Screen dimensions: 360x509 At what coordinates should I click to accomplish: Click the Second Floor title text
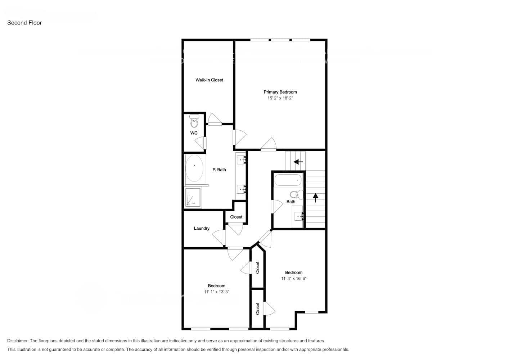click(x=24, y=23)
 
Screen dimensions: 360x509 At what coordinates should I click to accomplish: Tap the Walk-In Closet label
click(x=209, y=80)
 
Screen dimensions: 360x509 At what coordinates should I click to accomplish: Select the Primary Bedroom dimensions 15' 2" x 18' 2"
click(x=280, y=98)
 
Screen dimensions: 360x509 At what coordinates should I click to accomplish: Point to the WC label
click(x=194, y=133)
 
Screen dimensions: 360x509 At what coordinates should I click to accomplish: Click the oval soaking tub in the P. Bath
click(x=194, y=168)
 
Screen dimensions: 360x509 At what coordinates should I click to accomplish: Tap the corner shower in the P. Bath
click(x=193, y=197)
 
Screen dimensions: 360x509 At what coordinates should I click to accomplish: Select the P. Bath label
click(x=219, y=170)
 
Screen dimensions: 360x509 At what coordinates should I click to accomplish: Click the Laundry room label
click(x=202, y=228)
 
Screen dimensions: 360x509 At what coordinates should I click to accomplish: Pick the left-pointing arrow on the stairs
click(x=298, y=162)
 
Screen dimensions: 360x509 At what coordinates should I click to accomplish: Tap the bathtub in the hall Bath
click(x=288, y=179)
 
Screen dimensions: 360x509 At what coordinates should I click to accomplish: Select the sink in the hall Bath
click(x=299, y=216)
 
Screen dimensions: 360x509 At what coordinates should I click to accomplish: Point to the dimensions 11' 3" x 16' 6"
click(x=294, y=278)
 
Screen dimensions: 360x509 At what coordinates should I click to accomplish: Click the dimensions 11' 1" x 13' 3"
click(x=216, y=292)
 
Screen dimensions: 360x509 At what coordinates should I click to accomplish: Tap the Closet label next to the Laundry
click(x=236, y=217)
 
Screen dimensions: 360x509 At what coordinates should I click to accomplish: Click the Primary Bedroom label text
click(x=280, y=92)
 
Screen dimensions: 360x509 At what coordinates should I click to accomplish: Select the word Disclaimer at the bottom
click(x=18, y=341)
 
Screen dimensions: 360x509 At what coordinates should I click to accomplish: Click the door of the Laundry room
click(x=219, y=237)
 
